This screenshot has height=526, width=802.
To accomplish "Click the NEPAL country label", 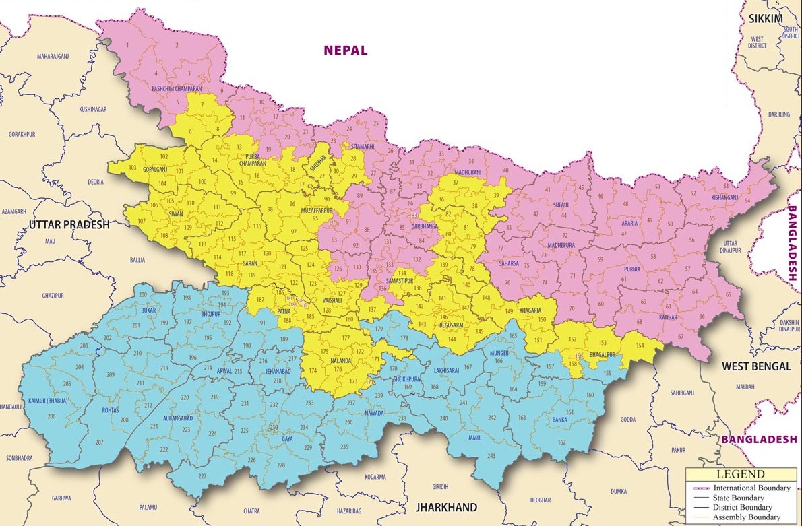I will coord(345,50).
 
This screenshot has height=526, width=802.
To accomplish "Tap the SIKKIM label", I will coord(766,18).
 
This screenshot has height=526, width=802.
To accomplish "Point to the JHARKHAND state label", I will coord(445,507).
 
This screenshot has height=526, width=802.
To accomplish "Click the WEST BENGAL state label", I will coord(756,366).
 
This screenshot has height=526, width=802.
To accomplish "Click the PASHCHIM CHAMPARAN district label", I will coord(177,88).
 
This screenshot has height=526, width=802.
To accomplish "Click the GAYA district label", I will coord(287,439).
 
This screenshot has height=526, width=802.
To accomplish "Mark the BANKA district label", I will coord(559,420).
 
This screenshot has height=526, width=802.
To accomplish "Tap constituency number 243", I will coord(491,456).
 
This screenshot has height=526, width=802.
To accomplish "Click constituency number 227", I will coord(202,476).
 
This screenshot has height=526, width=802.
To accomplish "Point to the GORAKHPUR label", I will coord(20,134).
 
